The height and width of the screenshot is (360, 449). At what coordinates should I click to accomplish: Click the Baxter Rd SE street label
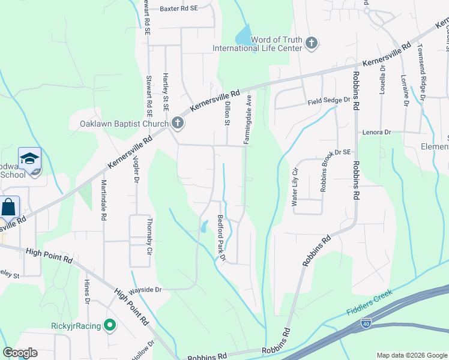(x=178, y=10)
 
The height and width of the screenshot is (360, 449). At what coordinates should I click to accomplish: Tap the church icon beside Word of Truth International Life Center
(x=311, y=43)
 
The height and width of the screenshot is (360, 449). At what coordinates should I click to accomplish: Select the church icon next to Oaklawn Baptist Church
(x=177, y=124)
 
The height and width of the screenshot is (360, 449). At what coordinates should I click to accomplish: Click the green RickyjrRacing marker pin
(x=109, y=326)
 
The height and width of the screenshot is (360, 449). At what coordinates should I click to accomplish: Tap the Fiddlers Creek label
(x=369, y=303)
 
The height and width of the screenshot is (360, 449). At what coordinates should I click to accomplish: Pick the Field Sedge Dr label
(x=329, y=101)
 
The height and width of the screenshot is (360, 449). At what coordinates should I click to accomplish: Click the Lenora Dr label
(x=376, y=132)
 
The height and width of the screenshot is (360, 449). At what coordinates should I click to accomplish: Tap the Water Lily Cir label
(x=295, y=186)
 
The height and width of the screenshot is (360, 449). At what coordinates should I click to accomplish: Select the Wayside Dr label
(x=146, y=289)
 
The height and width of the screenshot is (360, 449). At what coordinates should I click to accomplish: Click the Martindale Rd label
(x=103, y=200)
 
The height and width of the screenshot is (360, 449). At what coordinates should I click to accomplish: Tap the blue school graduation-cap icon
(x=29, y=158)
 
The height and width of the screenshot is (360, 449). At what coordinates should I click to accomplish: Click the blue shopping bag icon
(x=9, y=208)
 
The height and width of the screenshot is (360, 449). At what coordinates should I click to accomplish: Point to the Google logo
(x=20, y=353)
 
